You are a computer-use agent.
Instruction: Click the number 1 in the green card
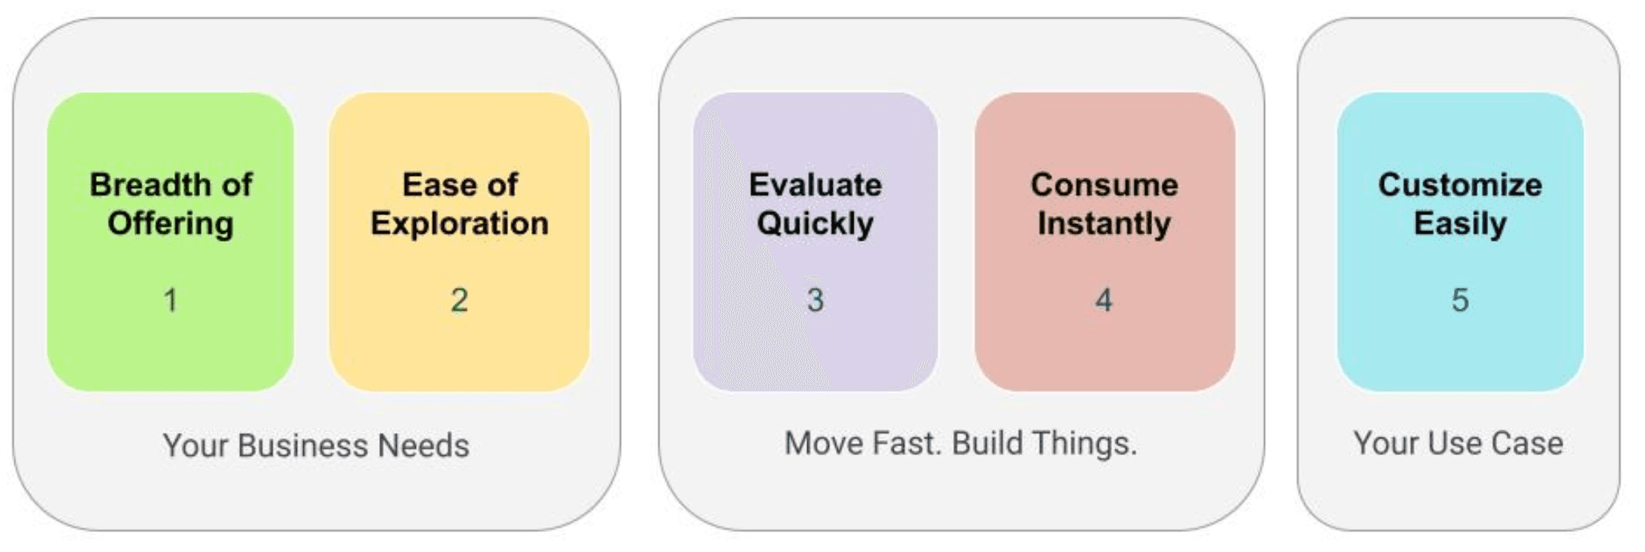pos(170,300)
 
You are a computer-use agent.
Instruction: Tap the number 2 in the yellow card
pos(459,300)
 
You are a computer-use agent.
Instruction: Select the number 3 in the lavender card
pos(815,300)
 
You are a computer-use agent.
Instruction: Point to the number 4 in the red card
pos(1104,300)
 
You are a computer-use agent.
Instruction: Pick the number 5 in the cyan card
pos(1460,300)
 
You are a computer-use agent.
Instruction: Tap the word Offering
pos(170,224)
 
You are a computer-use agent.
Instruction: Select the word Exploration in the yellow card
pos(459,224)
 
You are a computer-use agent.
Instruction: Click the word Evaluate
pos(815,185)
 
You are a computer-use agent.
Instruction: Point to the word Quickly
pos(815,224)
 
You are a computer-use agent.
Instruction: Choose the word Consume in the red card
pos(1104,185)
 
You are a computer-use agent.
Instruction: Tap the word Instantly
pos(1104,224)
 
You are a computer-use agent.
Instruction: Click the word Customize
pos(1460,185)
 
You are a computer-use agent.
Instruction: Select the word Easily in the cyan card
pos(1460,224)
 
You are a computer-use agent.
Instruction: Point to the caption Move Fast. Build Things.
pos(960,444)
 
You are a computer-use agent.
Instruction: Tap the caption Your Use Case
pos(1458,443)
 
